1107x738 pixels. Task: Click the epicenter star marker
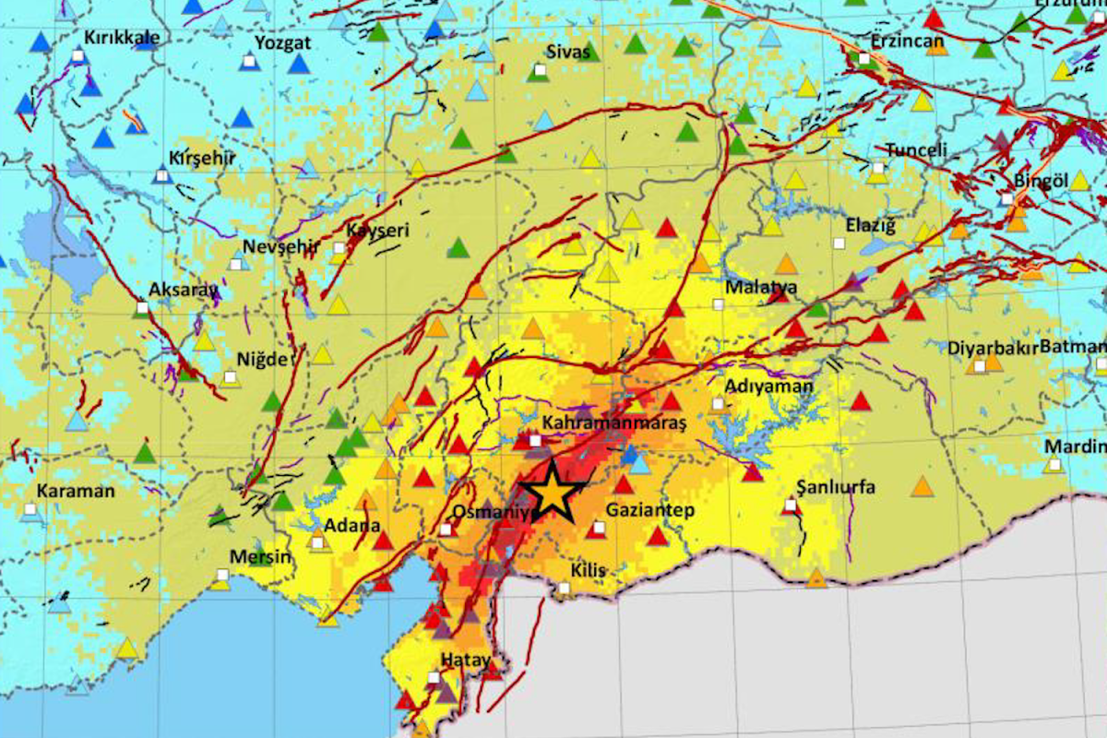point(552,493)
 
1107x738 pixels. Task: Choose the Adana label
point(352,526)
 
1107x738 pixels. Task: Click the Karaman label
point(77,491)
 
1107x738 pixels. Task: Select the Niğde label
point(262,359)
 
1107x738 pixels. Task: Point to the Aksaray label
point(183,289)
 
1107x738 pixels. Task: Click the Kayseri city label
point(376,230)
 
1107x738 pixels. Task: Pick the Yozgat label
point(282,42)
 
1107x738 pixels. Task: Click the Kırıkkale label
point(122,37)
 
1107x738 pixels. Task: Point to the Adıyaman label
point(769,386)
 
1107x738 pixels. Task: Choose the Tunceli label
point(917,150)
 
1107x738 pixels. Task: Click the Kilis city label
point(589,570)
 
